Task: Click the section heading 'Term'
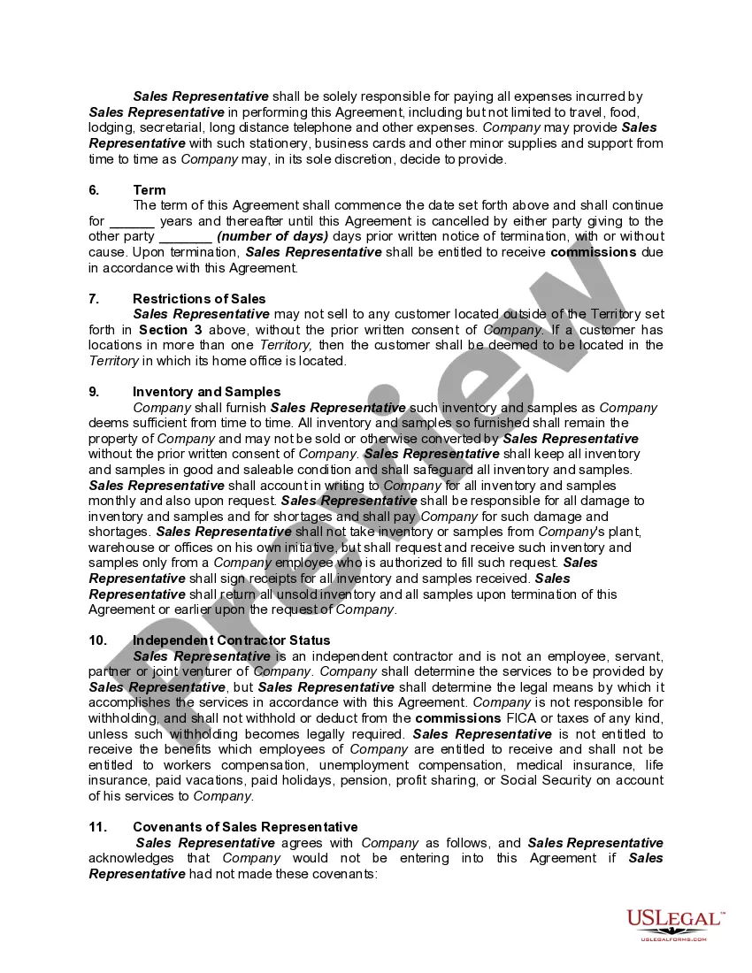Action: click(x=149, y=190)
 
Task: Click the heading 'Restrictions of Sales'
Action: click(x=199, y=299)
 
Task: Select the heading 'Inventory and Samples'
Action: click(x=206, y=392)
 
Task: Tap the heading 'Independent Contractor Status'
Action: click(x=231, y=640)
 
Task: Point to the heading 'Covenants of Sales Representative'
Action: click(x=245, y=827)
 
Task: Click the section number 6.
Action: click(x=94, y=190)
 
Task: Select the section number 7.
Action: click(x=94, y=299)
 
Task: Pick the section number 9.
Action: click(x=94, y=392)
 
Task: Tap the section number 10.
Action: click(x=97, y=640)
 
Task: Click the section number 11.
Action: click(x=97, y=827)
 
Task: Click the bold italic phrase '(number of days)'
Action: click(x=272, y=237)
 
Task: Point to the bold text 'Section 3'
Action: click(x=164, y=330)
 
